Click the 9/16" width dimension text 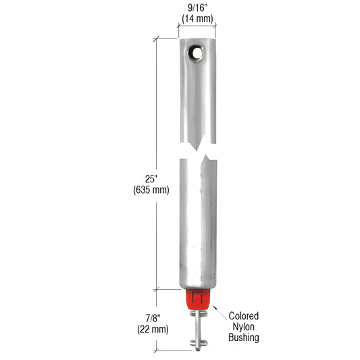(197, 9)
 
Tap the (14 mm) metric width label (197, 19)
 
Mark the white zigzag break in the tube (197, 151)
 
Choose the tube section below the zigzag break (197, 223)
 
